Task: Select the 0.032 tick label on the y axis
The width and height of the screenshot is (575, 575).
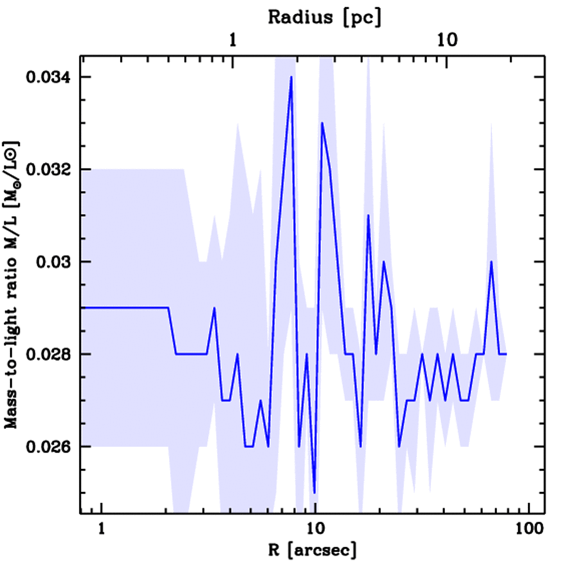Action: pos(51,169)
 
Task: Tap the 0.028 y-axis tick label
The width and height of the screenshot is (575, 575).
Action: pos(51,354)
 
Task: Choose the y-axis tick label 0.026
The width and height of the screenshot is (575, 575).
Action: pos(51,446)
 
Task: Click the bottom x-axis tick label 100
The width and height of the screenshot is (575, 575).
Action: pos(528,530)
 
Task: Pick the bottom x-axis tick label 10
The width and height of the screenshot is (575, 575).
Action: pos(315,530)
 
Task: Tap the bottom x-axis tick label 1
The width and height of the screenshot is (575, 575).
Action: pos(102,530)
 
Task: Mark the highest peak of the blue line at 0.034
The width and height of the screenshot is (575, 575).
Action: pos(291,77)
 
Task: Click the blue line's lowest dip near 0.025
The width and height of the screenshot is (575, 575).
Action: pos(314,492)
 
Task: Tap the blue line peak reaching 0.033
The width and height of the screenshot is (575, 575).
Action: pos(322,123)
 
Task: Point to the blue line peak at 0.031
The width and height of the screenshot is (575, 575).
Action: pos(368,216)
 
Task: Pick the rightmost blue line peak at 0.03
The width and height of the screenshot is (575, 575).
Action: pos(491,262)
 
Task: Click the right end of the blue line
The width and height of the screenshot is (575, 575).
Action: pos(506,354)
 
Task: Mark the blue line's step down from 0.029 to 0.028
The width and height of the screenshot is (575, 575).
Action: pos(172,331)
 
